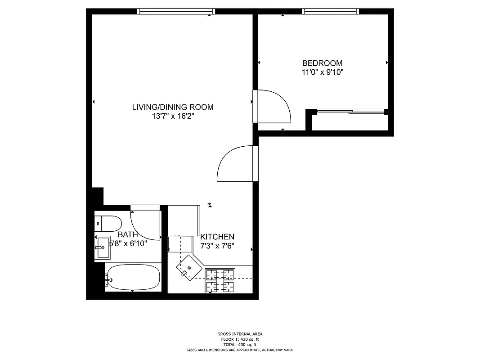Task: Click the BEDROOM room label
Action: [322, 63]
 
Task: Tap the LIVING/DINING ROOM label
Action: [173, 107]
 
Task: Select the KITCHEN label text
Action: [217, 237]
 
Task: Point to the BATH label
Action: [128, 234]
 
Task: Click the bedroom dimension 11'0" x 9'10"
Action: [323, 72]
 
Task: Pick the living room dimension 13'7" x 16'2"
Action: [173, 116]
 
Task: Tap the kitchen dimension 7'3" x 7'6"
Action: [217, 246]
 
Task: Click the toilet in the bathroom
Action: [108, 222]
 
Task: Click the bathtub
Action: [133, 278]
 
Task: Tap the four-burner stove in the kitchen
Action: [220, 280]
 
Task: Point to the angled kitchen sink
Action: [189, 267]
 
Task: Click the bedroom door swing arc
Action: [275, 106]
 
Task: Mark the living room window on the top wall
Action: [175, 11]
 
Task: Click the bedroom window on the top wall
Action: [331, 11]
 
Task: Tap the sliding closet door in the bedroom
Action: [351, 111]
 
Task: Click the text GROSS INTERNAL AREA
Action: [240, 334]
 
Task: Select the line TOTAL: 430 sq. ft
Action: [240, 344]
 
